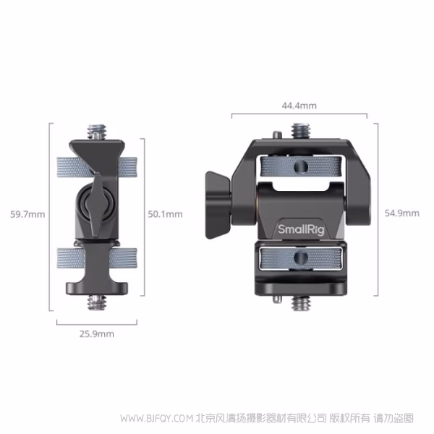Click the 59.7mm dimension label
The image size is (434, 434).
coord(28,214)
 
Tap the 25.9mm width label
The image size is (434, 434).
coord(96,334)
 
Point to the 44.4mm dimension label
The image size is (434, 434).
coord(299,106)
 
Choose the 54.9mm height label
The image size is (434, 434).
coord(401,213)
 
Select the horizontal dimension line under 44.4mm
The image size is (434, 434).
coord(299,115)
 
